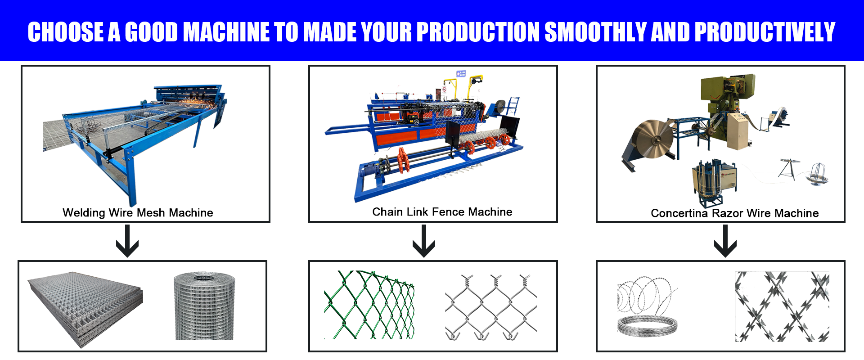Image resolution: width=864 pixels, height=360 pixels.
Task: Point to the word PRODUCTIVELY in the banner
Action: [765, 32]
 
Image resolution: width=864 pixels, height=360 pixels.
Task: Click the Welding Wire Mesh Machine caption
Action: [138, 212]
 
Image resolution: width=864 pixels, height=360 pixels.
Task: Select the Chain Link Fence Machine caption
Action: [442, 211]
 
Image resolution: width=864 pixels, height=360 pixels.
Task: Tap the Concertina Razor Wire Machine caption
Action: [735, 213]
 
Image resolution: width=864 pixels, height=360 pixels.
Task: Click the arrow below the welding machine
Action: [127, 241]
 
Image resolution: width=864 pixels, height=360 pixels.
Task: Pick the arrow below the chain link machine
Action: [424, 241]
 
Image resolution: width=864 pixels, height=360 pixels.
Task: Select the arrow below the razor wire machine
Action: [725, 241]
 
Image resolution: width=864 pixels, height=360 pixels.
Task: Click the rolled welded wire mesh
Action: [204, 306]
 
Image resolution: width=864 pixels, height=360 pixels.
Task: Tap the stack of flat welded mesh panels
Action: [85, 309]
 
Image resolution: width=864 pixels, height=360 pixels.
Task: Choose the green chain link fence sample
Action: [369, 305]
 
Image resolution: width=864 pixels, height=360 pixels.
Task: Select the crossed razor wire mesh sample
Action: [782, 306]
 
